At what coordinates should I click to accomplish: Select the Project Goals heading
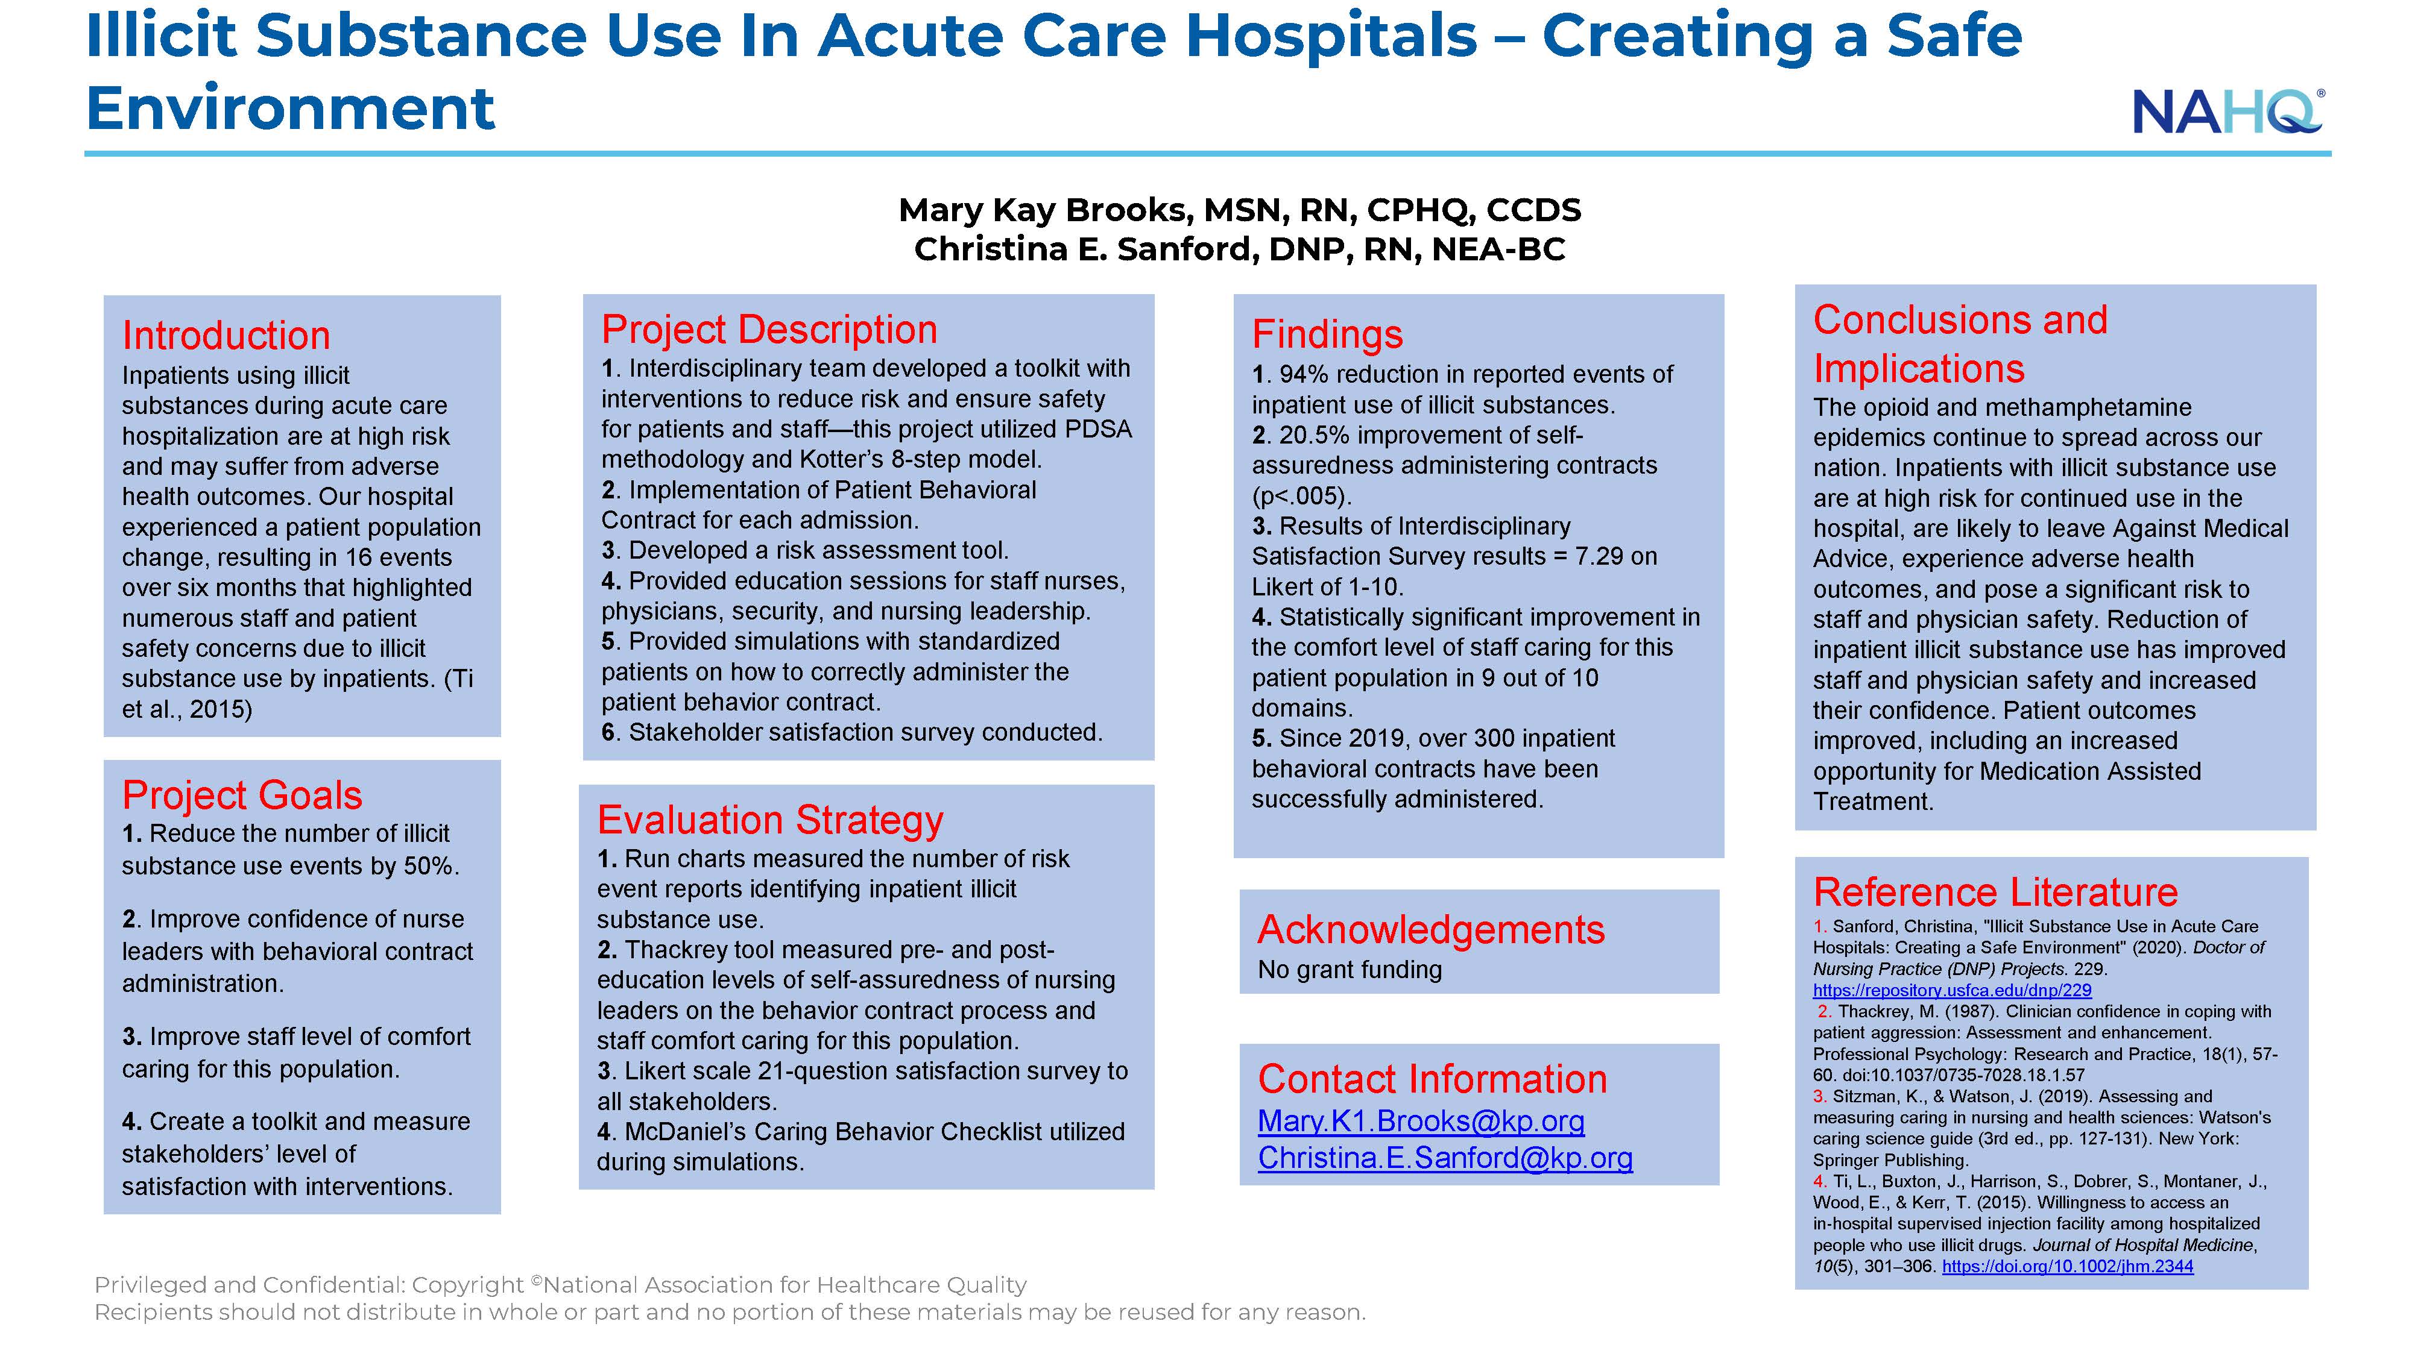(242, 795)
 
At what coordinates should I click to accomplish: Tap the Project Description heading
(769, 329)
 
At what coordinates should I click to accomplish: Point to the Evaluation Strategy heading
(770, 820)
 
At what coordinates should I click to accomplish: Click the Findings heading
(1327, 334)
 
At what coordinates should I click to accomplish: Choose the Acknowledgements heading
(1431, 930)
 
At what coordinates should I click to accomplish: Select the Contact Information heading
(1432, 1079)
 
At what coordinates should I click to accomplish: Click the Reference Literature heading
(1995, 891)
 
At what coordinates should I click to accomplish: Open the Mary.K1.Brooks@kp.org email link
(1421, 1122)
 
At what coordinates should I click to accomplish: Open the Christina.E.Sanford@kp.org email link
(1445, 1158)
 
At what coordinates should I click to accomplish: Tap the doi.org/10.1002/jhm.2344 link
(2068, 1267)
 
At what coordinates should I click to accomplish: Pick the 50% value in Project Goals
(431, 865)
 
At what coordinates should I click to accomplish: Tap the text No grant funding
(1350, 970)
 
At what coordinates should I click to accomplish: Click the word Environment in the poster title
(290, 108)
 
